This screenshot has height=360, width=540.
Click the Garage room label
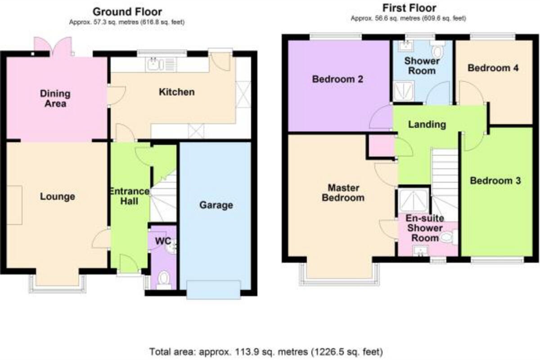pos(216,206)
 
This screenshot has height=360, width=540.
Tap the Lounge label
pos(57,197)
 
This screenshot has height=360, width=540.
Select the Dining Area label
pos(55,99)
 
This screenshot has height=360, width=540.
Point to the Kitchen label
pos(177,92)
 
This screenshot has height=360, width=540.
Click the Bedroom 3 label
pos(495,181)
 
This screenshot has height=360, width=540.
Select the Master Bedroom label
pos(346,192)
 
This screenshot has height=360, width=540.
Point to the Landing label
pos(427,125)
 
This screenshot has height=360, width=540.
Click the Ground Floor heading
pos(127,12)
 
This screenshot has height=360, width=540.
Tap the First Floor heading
pos(409,8)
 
